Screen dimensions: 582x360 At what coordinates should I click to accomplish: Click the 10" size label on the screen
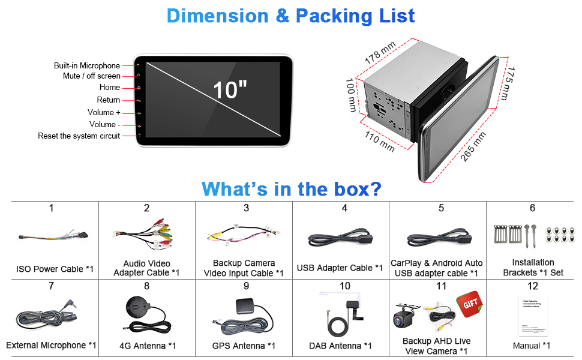[x=230, y=90]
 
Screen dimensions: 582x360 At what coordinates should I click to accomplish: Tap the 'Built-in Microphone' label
[x=87, y=66]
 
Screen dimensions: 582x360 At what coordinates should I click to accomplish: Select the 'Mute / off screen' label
[x=92, y=76]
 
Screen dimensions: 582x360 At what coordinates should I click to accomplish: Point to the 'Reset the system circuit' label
[x=79, y=136]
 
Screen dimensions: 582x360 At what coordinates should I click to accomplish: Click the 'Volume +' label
[x=104, y=112]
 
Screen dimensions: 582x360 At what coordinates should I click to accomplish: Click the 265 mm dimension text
[x=473, y=147]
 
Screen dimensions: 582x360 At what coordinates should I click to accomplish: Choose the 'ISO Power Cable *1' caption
[x=55, y=269]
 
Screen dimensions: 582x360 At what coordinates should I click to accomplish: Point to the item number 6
[x=532, y=208]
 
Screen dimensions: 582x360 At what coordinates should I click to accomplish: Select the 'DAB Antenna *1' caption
[x=340, y=346]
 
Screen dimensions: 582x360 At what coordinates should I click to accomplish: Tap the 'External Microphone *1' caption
[x=51, y=346]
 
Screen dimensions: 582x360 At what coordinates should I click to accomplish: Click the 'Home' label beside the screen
[x=110, y=88]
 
